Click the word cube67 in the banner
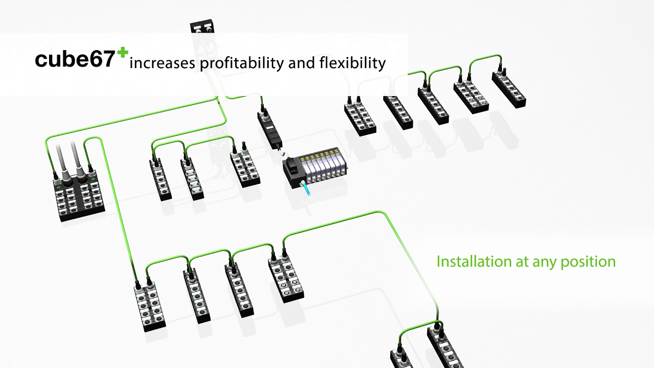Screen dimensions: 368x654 click(x=74, y=60)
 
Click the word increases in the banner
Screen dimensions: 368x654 click(x=161, y=64)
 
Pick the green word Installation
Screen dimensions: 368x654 click(x=473, y=262)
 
